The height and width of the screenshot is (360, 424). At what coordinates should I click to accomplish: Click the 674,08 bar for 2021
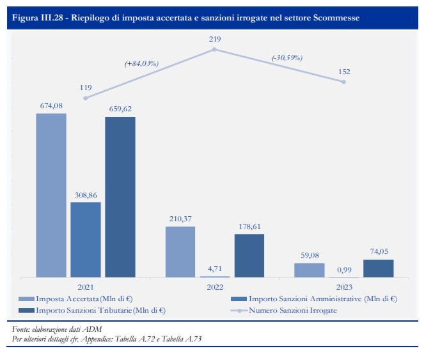tap(51, 195)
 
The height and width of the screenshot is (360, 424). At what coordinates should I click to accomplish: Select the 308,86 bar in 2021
tap(86, 240)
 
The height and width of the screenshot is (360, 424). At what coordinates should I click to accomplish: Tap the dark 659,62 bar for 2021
tap(120, 197)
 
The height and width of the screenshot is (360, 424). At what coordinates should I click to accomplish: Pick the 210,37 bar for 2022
tap(180, 252)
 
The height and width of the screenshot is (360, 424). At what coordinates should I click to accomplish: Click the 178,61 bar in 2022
tap(249, 256)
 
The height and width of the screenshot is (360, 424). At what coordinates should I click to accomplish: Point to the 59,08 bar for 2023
tap(310, 270)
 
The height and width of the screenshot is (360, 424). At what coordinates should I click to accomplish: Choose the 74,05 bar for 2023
tap(379, 269)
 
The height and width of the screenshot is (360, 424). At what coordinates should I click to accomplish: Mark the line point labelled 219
tap(215, 49)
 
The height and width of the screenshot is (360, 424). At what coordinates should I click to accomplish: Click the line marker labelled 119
tap(86, 98)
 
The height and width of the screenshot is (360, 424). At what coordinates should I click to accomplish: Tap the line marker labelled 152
tap(344, 82)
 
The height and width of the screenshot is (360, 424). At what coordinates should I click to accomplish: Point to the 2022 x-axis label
tap(215, 288)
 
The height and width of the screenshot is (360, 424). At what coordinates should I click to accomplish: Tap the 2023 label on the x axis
tap(344, 288)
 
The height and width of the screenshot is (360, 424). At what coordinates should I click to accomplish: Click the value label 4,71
tap(215, 269)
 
